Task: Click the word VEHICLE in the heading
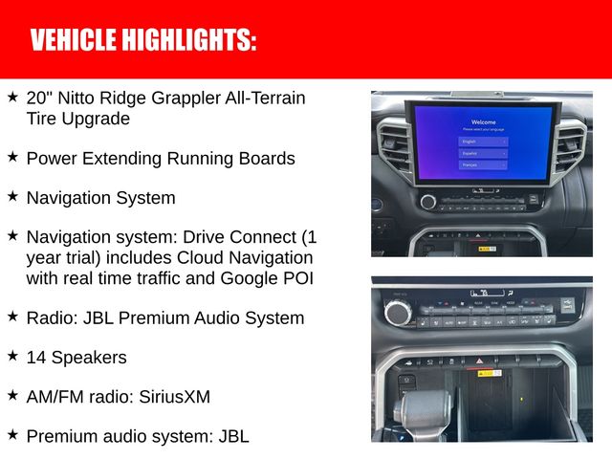click(72, 41)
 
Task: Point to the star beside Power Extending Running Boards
click(12, 156)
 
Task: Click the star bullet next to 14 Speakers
click(12, 356)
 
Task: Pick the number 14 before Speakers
click(36, 357)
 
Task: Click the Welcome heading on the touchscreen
click(483, 122)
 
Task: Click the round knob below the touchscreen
click(427, 202)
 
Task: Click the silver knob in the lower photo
click(397, 313)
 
